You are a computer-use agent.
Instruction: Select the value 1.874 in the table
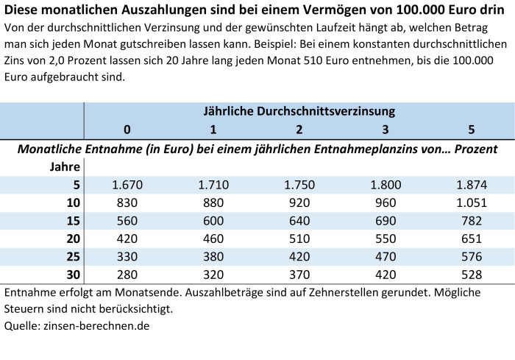pos(471,185)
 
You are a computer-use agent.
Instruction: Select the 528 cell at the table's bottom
pos(471,275)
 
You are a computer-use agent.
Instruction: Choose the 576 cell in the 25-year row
pos(471,257)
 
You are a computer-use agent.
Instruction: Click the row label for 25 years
pos(72,257)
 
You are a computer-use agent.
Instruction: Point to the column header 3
pos(385,130)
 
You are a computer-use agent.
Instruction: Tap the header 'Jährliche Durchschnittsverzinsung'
pos(299,112)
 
